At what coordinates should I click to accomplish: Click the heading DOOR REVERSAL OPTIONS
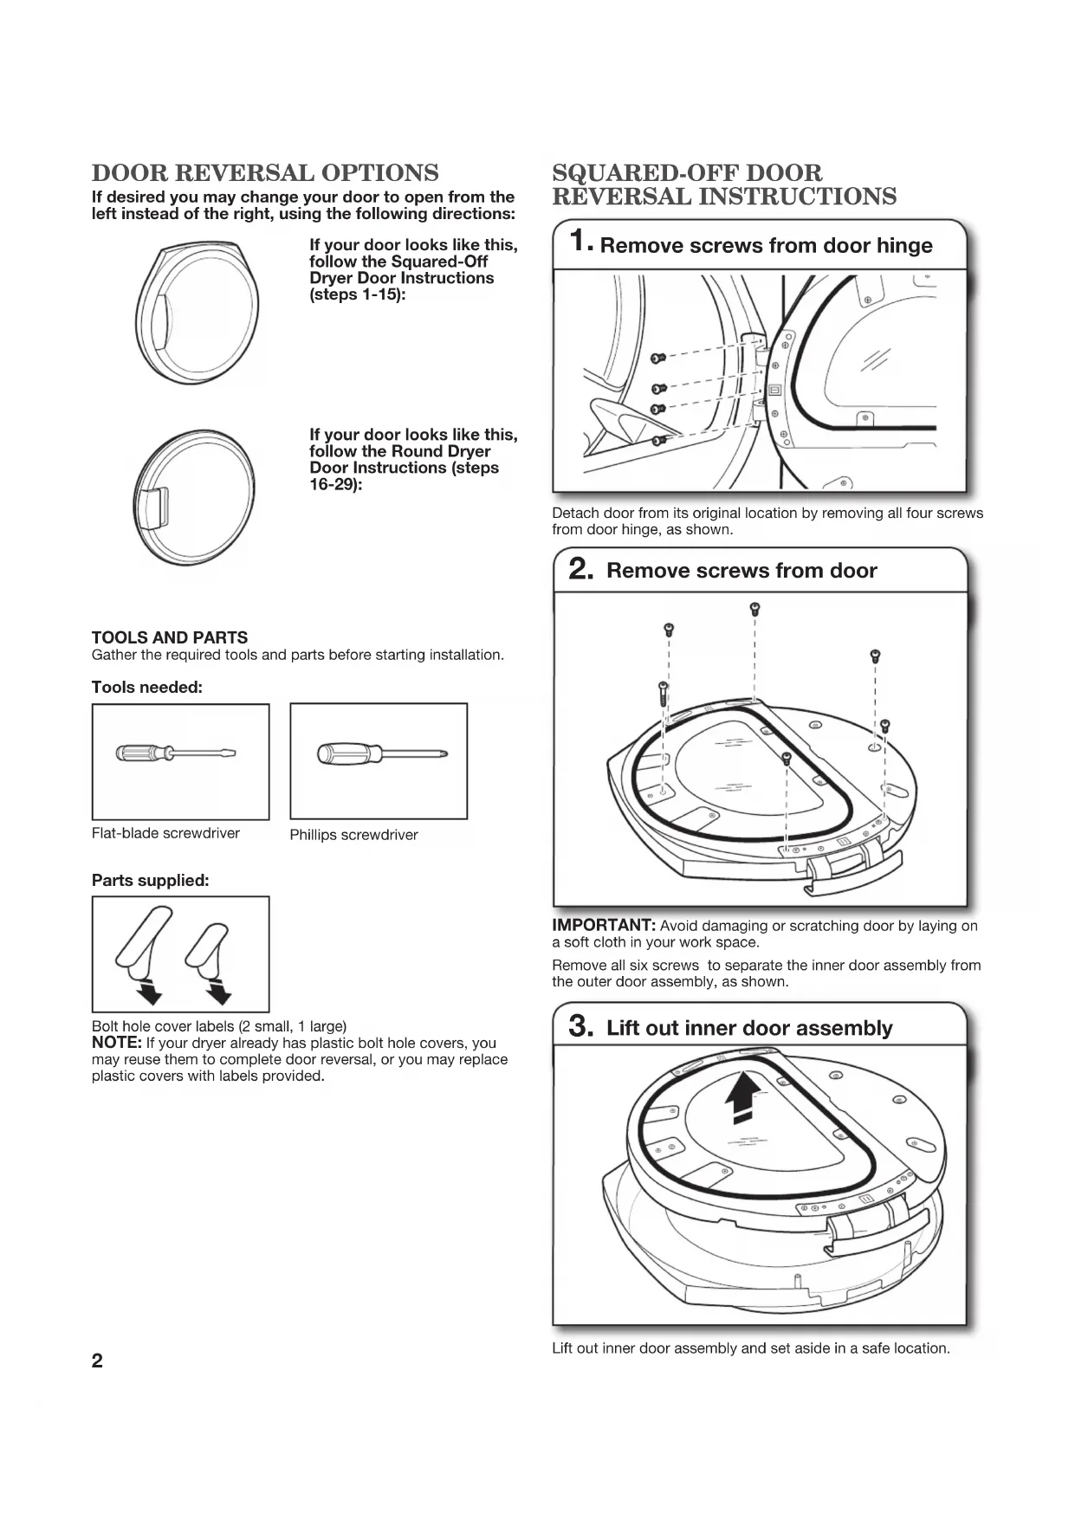[265, 173]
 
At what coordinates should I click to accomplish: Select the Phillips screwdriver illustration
[379, 753]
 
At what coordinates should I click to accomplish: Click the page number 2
[97, 1361]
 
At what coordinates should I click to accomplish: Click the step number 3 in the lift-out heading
[580, 1027]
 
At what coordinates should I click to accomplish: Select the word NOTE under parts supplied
[116, 1043]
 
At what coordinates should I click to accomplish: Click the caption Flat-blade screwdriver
[165, 833]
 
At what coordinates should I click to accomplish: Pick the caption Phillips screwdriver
[353, 835]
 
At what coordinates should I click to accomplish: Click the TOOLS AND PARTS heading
[170, 637]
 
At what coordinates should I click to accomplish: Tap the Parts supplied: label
[151, 881]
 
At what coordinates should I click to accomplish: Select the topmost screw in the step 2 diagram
[754, 608]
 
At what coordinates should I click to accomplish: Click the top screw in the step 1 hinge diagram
[658, 358]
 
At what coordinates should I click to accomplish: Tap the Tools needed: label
[147, 688]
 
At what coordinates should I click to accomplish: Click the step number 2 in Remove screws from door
[580, 570]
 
